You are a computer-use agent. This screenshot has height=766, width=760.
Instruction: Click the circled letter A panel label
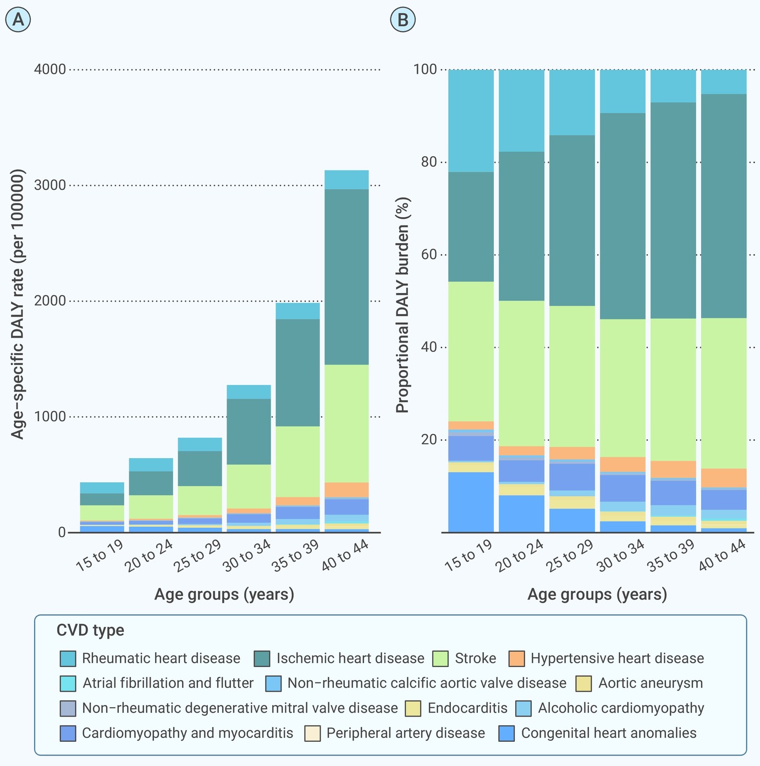click(18, 19)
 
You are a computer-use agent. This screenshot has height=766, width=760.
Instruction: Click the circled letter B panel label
click(403, 19)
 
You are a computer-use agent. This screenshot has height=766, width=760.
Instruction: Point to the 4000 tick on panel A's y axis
click(49, 69)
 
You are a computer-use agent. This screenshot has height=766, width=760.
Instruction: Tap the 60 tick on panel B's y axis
click(429, 255)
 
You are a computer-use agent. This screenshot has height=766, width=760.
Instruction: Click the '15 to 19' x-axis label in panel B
click(469, 555)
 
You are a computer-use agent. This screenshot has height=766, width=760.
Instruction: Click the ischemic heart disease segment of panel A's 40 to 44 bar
click(346, 277)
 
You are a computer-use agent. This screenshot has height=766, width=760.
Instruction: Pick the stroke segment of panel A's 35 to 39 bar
click(298, 461)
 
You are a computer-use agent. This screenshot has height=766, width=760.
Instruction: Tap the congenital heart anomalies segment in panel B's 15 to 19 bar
click(471, 502)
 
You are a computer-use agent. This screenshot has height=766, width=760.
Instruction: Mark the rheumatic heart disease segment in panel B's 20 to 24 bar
click(521, 111)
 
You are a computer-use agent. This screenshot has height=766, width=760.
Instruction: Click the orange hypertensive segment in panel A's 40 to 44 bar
click(346, 490)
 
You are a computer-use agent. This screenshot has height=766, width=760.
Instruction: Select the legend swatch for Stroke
click(440, 658)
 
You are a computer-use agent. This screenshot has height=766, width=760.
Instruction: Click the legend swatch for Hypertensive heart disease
click(516, 658)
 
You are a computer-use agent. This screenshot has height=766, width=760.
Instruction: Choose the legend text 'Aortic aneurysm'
click(651, 683)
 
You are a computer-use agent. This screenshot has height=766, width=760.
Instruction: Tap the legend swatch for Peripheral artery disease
click(312, 733)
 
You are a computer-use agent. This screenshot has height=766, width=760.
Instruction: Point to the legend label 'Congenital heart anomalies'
click(609, 733)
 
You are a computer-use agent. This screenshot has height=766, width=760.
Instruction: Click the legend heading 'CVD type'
click(90, 630)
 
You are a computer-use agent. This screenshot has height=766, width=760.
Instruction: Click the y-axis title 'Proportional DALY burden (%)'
click(403, 305)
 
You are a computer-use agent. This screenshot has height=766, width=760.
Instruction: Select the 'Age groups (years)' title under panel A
click(224, 594)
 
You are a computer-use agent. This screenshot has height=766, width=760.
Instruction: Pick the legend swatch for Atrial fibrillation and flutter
click(68, 684)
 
